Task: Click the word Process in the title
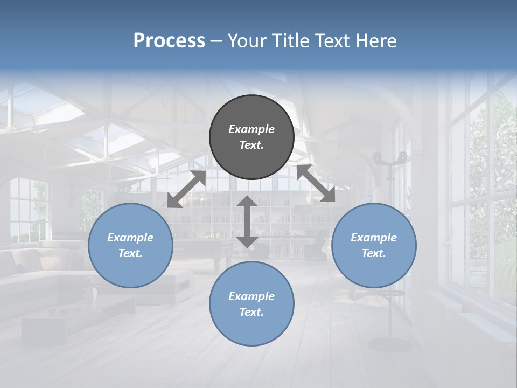(x=169, y=41)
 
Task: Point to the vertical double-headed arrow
(x=247, y=222)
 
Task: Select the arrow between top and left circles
(x=186, y=189)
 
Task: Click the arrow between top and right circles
(x=316, y=184)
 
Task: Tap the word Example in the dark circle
(x=251, y=129)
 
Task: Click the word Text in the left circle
(x=130, y=253)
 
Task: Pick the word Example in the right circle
(x=374, y=238)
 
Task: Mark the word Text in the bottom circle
(x=251, y=312)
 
